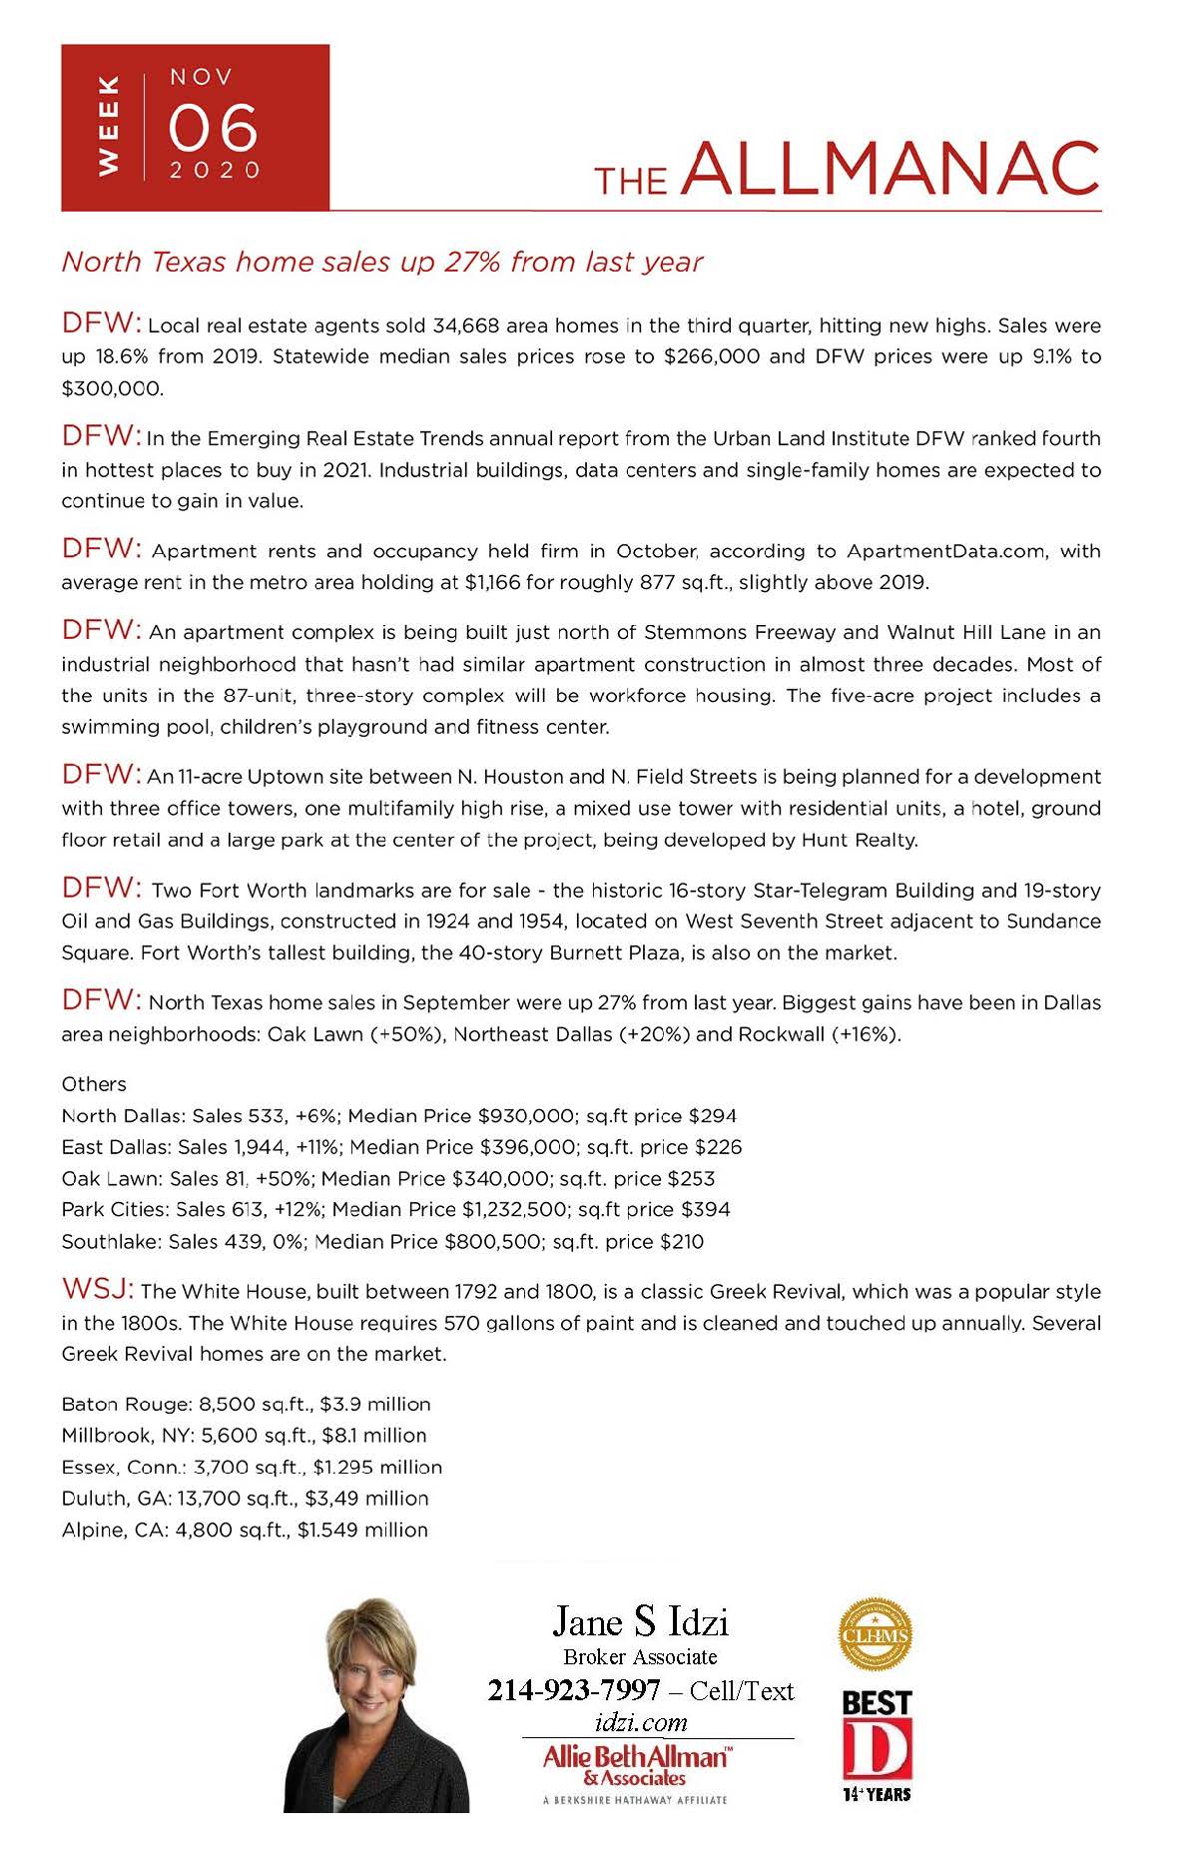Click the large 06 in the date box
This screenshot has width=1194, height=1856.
pos(213,128)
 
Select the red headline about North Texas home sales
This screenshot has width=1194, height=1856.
pos(382,262)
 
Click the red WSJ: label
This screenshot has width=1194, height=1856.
pos(97,1289)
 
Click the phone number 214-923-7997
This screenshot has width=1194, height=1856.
pos(574,1690)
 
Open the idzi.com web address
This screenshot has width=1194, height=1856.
pos(640,1722)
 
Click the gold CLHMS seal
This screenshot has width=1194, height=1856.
pos(876,1634)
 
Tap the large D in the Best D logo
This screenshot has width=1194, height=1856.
pos(877,1748)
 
